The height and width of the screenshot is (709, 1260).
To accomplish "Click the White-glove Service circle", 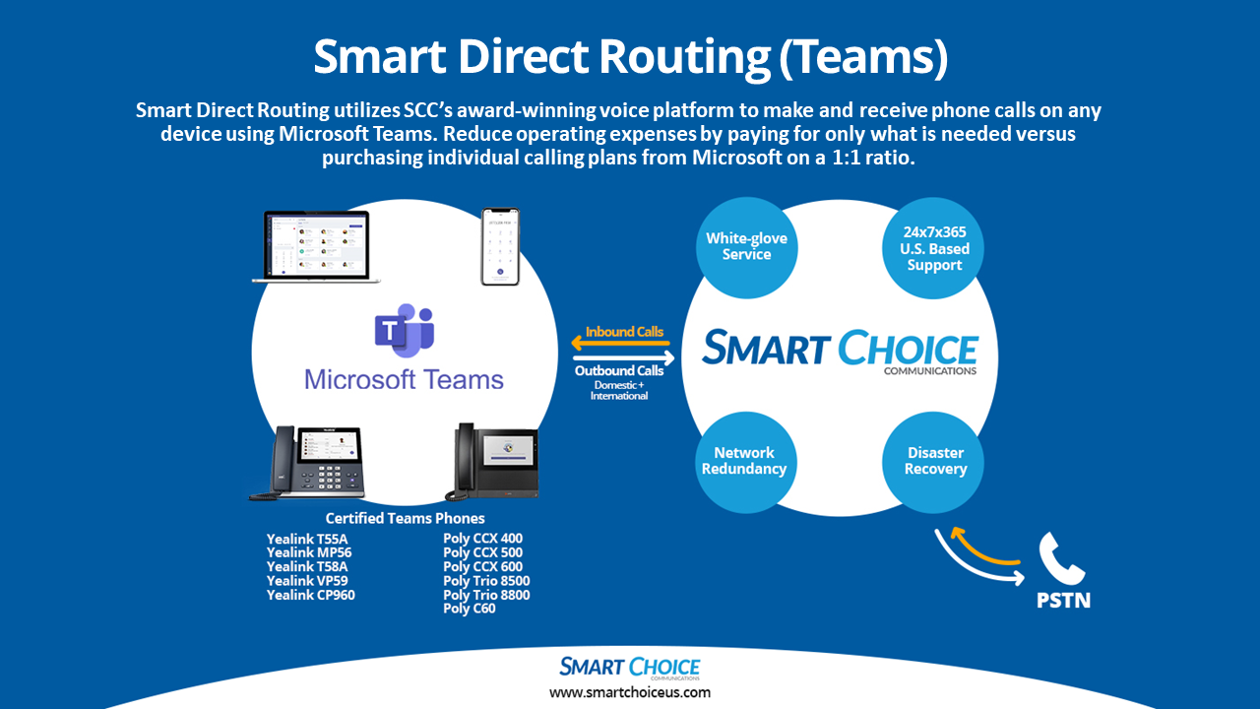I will [746, 247].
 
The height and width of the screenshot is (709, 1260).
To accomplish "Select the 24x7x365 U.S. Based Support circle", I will [934, 248].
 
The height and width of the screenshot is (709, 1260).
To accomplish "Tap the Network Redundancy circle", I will [743, 461].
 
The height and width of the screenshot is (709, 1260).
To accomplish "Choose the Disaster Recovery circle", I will [935, 461].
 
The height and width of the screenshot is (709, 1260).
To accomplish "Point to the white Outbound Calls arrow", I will [620, 358].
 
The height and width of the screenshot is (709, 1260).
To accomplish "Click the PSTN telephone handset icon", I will [1062, 559].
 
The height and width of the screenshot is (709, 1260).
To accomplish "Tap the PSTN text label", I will [1062, 600].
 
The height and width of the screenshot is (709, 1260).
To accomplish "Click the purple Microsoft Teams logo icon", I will [404, 333].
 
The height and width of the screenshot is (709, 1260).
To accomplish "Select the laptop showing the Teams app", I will [316, 246].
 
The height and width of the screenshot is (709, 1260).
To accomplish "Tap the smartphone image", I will [499, 247].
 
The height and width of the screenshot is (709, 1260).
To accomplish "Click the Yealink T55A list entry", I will [307, 539].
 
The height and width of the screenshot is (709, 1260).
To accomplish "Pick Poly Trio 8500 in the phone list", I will [486, 581].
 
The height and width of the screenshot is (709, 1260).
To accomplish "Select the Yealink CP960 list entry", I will [310, 595].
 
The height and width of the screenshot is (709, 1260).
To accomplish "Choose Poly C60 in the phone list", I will [470, 609].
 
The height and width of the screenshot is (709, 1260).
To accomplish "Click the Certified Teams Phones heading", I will [405, 518].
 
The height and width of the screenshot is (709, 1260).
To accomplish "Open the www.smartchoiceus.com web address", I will [630, 692].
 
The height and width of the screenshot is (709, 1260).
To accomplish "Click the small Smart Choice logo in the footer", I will [630, 668].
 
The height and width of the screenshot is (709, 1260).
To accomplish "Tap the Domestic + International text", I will [619, 390].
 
